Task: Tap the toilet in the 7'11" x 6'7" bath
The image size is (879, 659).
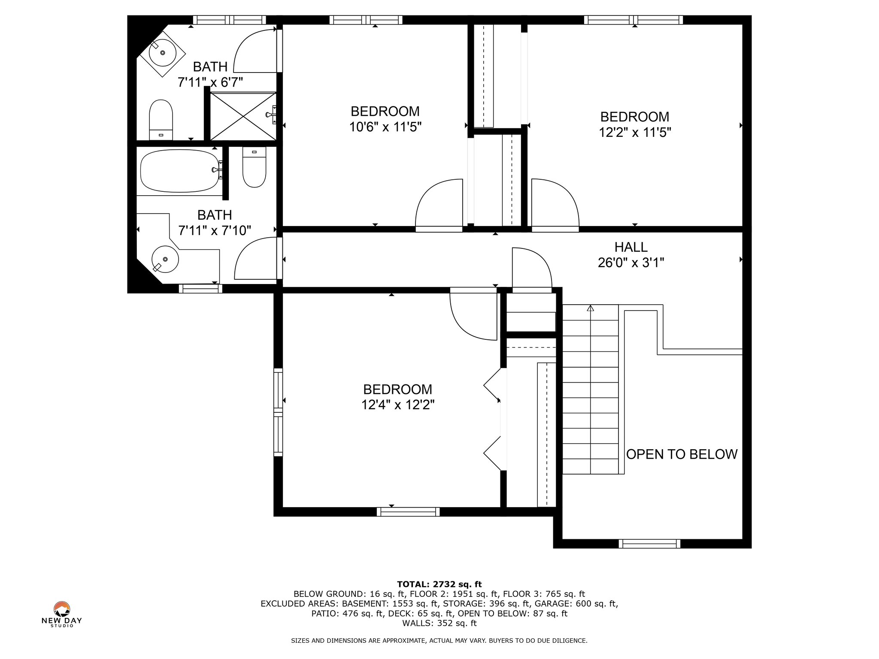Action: (161, 120)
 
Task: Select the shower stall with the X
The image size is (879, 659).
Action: (243, 116)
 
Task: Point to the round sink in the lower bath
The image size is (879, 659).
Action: (165, 259)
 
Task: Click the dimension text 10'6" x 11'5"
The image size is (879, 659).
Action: (385, 127)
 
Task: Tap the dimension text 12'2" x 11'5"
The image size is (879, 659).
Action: (635, 132)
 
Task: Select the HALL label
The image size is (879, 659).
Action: (631, 247)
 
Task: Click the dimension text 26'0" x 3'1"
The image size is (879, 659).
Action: (631, 263)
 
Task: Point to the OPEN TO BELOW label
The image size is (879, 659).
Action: (682, 454)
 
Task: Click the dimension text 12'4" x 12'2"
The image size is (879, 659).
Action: (398, 405)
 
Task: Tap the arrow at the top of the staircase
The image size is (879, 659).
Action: (591, 308)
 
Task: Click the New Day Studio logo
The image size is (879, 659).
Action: (62, 614)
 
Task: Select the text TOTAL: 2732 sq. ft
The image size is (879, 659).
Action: (439, 584)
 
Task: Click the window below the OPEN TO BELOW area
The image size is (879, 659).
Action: (649, 544)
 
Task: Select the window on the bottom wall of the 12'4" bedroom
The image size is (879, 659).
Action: (408, 512)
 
